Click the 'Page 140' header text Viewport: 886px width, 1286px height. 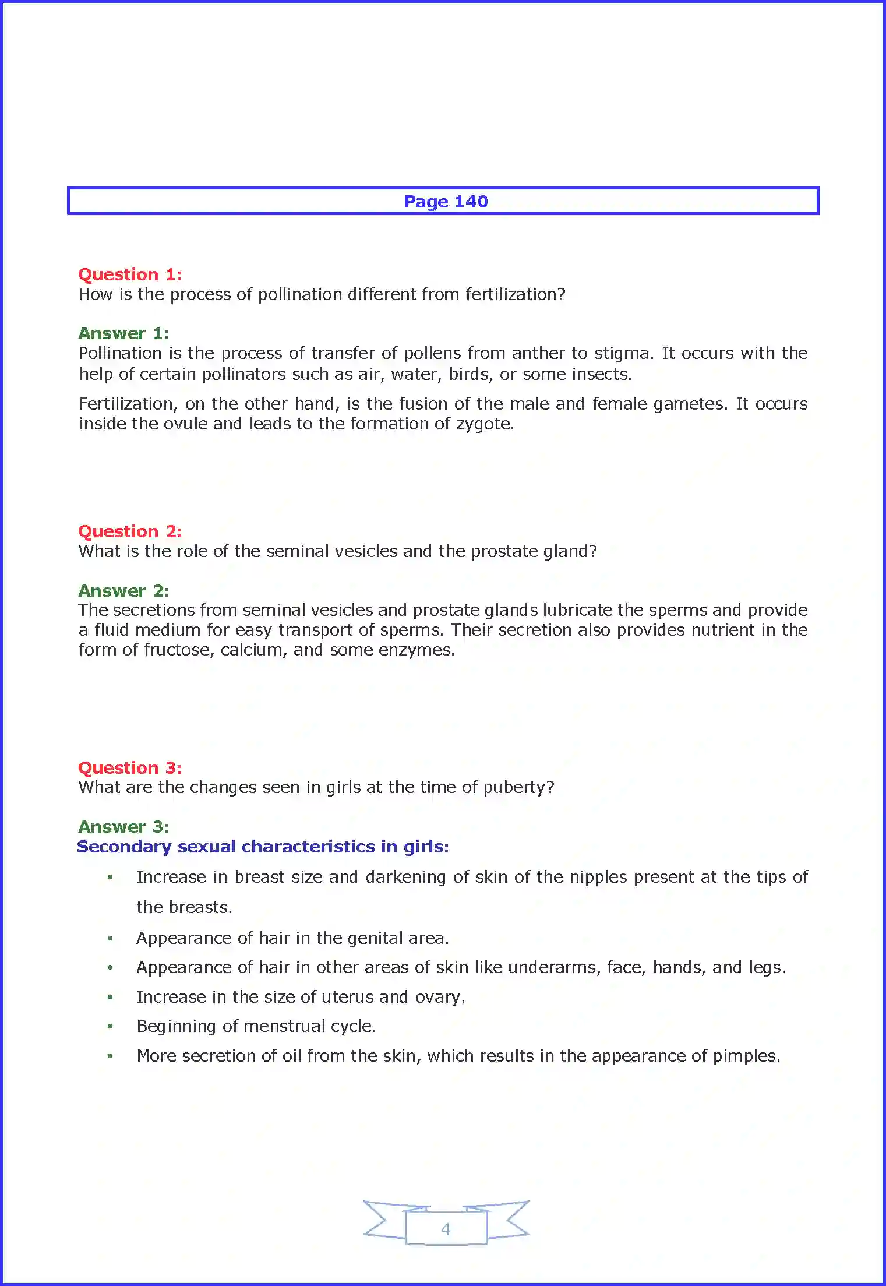click(446, 202)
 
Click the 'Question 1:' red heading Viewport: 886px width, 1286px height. click(130, 274)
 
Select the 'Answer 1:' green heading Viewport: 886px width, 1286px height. click(123, 333)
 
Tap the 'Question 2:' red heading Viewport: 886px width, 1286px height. click(130, 531)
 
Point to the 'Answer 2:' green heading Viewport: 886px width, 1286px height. click(123, 591)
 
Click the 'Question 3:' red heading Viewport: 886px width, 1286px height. click(130, 768)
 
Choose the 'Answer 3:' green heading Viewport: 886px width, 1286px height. click(123, 827)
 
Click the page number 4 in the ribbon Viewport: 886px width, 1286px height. click(446, 1229)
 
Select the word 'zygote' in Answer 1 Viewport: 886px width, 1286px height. click(483, 424)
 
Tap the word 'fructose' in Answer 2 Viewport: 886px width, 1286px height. click(178, 650)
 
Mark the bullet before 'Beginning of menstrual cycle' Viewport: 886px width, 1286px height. click(110, 1026)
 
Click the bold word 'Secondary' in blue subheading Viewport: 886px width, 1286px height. click(123, 847)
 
